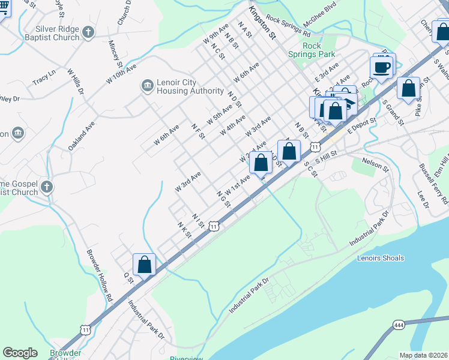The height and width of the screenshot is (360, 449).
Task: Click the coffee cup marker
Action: [382, 66]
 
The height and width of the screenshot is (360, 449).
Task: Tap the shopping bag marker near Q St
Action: [144, 265]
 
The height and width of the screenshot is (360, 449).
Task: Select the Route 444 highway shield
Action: [399, 325]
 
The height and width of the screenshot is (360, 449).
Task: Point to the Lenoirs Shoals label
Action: [381, 258]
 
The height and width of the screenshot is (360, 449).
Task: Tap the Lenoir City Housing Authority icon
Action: [147, 86]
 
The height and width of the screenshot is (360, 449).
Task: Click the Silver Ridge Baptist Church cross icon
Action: [88, 32]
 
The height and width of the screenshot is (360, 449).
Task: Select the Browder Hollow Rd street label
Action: [100, 275]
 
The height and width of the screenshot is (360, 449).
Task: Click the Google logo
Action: [20, 353]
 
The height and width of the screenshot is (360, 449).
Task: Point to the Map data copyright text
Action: [423, 355]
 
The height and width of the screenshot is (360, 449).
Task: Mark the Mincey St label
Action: [115, 54]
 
